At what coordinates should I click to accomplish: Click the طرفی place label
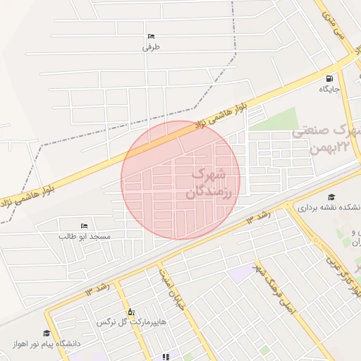pyautogui.click(x=152, y=47)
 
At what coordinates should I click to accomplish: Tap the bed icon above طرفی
pyautogui.click(x=151, y=37)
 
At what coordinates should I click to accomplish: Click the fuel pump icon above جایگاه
pyautogui.click(x=329, y=78)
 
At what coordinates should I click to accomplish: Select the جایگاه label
pyautogui.click(x=329, y=90)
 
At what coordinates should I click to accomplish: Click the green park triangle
pyautogui.click(x=279, y=120)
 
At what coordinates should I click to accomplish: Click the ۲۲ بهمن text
pyautogui.click(x=334, y=147)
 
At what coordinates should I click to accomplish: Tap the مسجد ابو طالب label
pyautogui.click(x=85, y=236)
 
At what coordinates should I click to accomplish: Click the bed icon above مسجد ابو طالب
pyautogui.click(x=85, y=226)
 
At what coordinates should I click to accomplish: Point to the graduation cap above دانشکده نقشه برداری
pyautogui.click(x=331, y=197)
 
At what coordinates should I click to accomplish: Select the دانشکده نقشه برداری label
pyautogui.click(x=329, y=208)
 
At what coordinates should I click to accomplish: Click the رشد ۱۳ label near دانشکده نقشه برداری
pyautogui.click(x=259, y=216)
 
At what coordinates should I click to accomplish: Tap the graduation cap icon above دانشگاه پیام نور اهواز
pyautogui.click(x=47, y=333)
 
